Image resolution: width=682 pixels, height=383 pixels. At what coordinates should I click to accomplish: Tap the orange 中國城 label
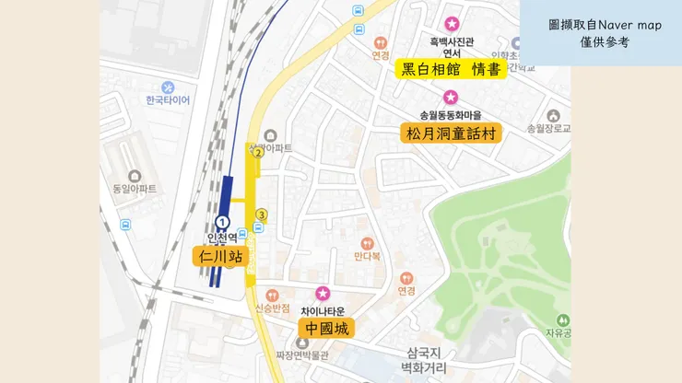326,329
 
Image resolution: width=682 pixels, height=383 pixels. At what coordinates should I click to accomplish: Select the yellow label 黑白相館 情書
451,69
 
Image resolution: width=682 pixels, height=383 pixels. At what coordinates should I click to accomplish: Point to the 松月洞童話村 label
451,133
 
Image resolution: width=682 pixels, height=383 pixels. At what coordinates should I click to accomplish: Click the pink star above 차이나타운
323,293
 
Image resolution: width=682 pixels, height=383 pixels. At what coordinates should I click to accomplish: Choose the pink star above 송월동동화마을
451,97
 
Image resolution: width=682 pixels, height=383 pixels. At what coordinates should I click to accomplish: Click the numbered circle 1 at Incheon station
222,222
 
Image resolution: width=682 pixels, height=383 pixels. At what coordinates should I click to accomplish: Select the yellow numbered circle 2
258,153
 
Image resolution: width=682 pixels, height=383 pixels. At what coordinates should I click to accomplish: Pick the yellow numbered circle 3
262,215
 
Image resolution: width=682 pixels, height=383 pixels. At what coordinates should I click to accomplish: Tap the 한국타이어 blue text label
167,100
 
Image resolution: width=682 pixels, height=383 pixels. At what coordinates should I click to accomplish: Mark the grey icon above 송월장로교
552,116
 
